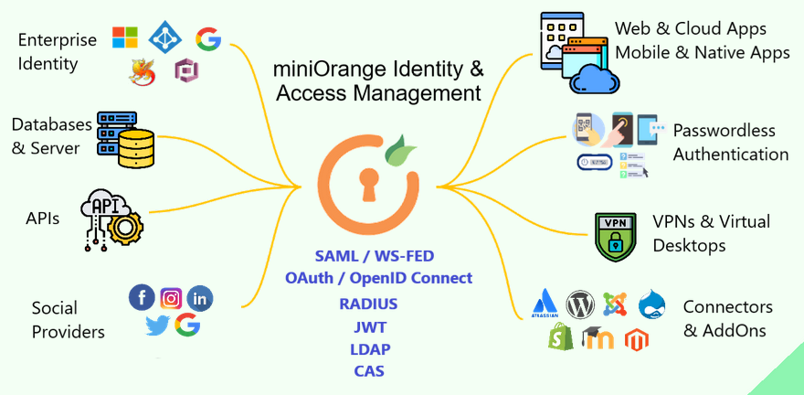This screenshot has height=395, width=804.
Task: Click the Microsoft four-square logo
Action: click(125, 37)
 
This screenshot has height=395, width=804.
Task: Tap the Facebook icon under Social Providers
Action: click(143, 297)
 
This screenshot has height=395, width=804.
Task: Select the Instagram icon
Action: click(171, 297)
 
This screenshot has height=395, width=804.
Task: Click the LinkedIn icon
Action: click(199, 297)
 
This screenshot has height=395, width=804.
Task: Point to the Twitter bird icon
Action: click(157, 325)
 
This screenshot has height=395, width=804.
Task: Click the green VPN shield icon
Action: click(615, 236)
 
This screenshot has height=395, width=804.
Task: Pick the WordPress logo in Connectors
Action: click(580, 303)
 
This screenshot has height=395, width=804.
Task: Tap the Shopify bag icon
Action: click(559, 337)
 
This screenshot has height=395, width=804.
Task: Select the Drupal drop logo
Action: click(652, 302)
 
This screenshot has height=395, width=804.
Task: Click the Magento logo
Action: click(636, 340)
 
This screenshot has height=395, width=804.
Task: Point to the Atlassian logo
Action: click(545, 302)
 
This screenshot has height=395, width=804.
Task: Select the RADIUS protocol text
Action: click(368, 304)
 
